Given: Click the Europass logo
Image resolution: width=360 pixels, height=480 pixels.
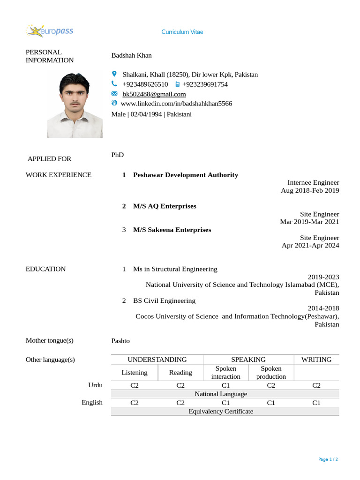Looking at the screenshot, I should [49, 31].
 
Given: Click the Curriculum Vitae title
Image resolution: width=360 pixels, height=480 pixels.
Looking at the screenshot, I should [182, 32].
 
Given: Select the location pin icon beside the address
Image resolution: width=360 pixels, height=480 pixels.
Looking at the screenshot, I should [114, 74].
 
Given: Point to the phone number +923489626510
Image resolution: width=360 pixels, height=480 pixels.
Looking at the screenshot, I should [145, 84].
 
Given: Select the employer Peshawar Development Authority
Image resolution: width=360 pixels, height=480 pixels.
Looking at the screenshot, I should [186, 175].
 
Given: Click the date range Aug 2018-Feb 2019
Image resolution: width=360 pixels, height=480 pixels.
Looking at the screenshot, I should [310, 190].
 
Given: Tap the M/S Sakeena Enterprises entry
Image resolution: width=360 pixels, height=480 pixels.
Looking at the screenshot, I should [172, 230].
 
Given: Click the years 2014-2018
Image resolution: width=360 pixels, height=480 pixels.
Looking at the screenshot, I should [323, 308].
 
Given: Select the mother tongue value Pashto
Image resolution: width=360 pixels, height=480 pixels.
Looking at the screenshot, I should [120, 341].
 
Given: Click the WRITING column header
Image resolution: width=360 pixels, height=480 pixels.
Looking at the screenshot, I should [316, 360].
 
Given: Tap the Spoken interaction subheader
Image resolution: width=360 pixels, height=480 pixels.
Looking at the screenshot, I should [225, 373].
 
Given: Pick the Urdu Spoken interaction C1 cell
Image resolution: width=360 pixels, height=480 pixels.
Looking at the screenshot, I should [225, 385].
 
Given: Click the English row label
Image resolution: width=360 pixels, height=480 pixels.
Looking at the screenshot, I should [92, 402].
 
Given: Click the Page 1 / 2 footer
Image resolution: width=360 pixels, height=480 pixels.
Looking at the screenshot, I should [328, 459].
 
